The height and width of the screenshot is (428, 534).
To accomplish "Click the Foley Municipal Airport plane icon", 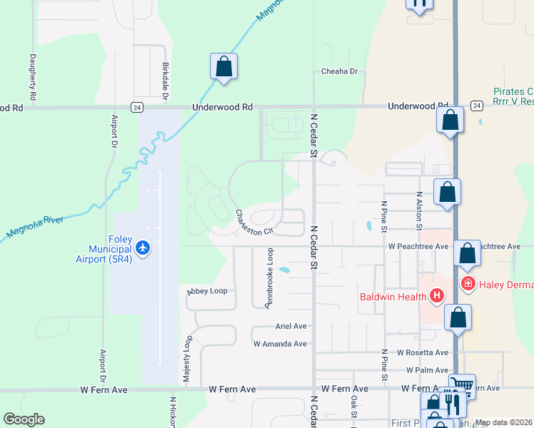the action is coord(143,248).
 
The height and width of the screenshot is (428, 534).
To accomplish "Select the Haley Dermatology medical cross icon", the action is coord(468,284).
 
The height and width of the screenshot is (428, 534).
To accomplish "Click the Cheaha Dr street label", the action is coord(339,71).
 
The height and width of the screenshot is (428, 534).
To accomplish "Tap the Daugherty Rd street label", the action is coord(33,77).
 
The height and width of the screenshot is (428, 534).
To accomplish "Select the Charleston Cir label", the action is coord(254,222).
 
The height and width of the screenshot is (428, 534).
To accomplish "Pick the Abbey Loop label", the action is coord(207,291).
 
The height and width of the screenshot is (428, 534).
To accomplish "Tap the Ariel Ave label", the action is coord(291,326).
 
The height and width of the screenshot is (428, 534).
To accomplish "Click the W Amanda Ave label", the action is coord(280,343).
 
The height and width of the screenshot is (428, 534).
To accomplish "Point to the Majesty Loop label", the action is coord(187,362).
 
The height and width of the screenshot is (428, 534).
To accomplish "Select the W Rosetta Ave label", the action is coord(422,352).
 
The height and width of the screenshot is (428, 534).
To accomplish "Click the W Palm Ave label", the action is coord(427,370).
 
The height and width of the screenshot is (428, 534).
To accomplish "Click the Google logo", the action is coord(24,419).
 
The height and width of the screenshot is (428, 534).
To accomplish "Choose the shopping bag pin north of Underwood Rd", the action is coord(224,67).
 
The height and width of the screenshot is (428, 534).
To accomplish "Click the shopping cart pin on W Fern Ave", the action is coord(462,386).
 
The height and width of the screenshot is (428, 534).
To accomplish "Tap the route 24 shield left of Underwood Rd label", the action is coord(136,107).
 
